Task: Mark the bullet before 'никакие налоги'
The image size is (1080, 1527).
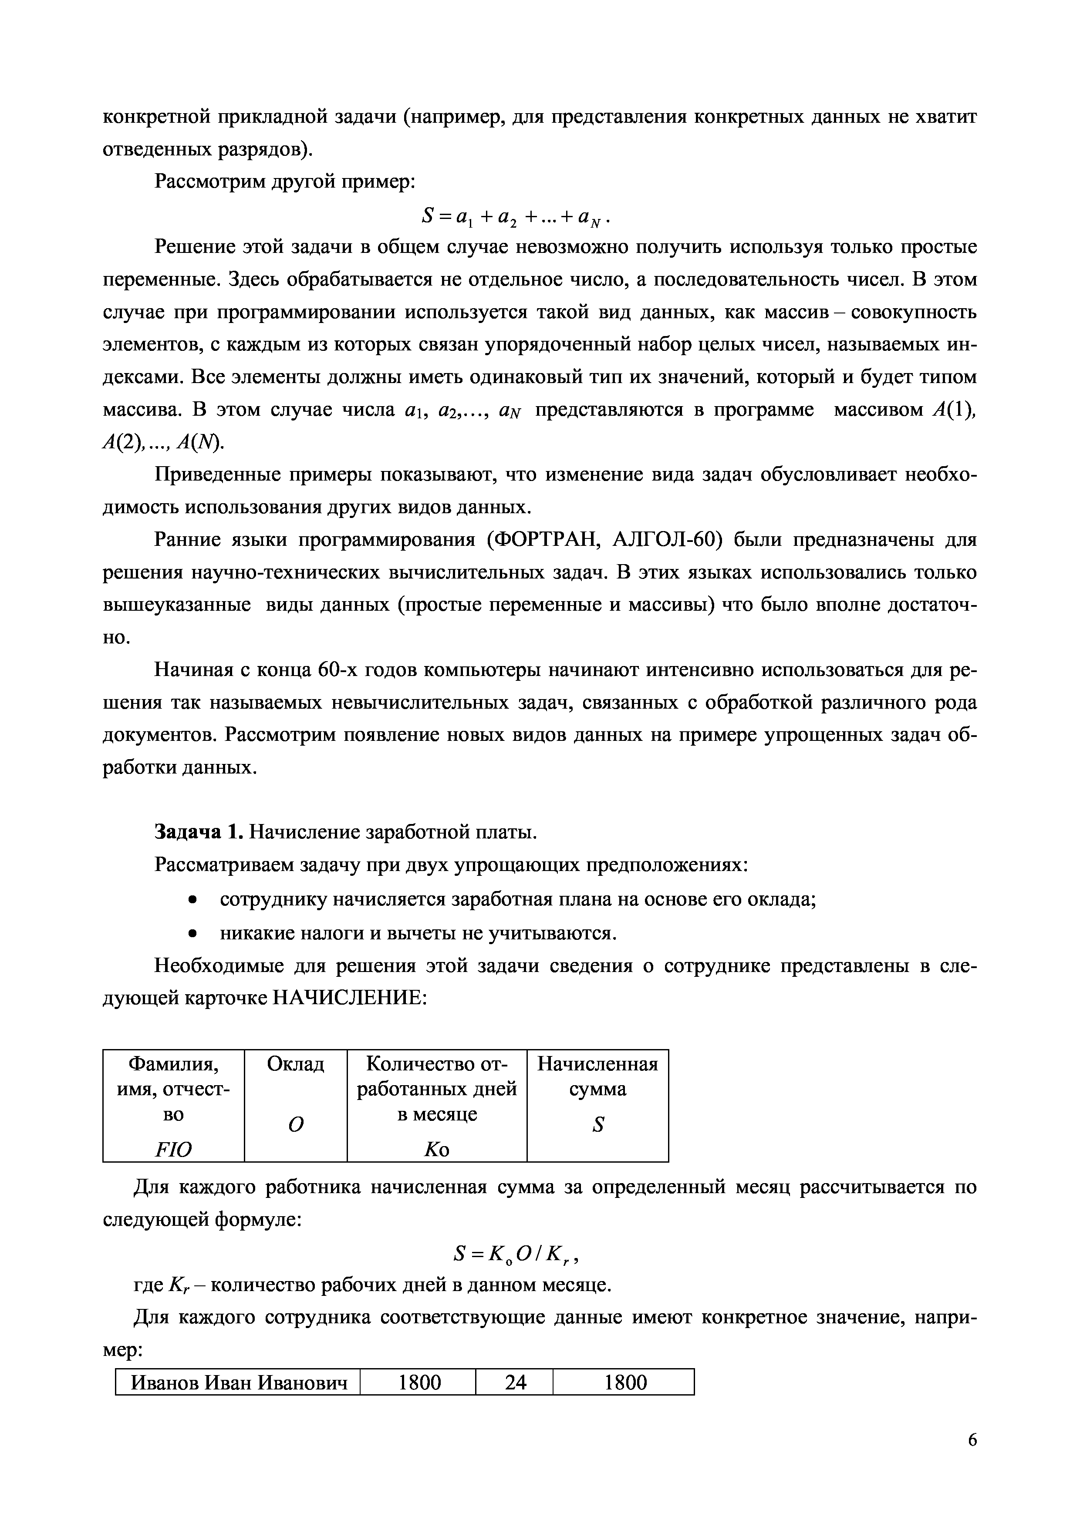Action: click(192, 933)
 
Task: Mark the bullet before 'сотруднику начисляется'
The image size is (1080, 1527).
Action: click(192, 900)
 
